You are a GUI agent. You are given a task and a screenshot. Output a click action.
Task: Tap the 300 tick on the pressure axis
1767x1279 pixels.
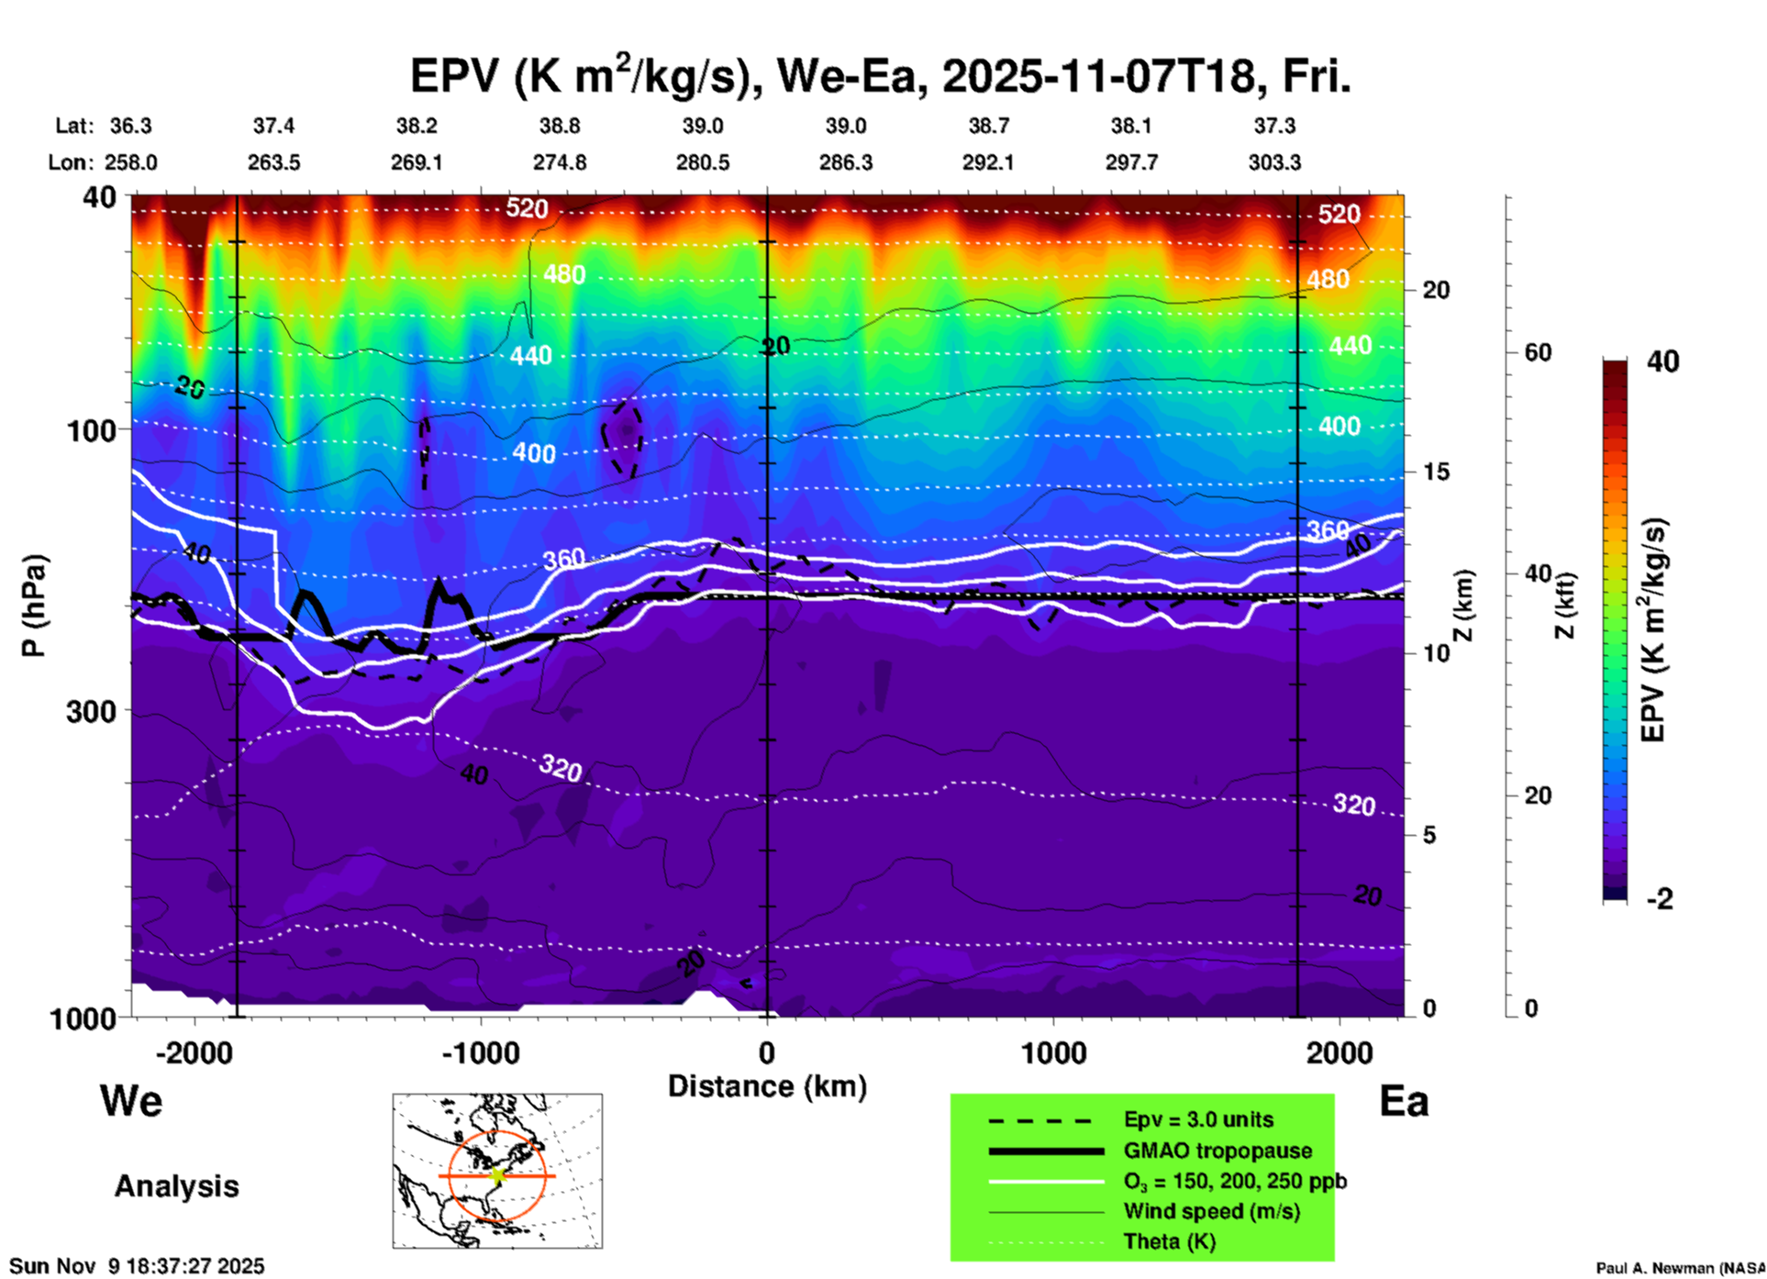tap(92, 710)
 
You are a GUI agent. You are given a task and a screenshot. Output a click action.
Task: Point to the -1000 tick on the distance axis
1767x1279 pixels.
tap(480, 1053)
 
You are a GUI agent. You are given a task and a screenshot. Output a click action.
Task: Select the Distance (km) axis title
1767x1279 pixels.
tap(767, 1086)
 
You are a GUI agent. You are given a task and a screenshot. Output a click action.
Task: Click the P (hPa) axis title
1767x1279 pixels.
tap(34, 606)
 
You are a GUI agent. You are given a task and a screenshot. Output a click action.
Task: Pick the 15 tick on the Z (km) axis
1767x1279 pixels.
tap(1436, 472)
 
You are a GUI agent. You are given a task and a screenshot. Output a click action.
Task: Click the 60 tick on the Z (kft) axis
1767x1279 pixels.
tap(1538, 352)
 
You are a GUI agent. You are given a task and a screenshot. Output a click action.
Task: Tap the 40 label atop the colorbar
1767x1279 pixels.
tap(1662, 361)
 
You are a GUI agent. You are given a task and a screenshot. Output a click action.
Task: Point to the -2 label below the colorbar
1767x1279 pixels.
tap(1659, 898)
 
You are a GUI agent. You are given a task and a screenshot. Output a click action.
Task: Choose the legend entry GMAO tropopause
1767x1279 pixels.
tap(1217, 1151)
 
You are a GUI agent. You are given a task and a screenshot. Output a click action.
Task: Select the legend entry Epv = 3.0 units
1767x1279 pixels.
tap(1198, 1119)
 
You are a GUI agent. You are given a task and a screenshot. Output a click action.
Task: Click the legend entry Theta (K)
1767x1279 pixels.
tap(1169, 1241)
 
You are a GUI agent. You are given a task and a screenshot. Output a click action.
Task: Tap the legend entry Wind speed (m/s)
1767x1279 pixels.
tap(1211, 1211)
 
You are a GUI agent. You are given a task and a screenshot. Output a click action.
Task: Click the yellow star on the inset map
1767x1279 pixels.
tap(497, 1175)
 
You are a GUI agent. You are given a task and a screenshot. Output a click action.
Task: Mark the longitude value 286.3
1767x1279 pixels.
tap(845, 162)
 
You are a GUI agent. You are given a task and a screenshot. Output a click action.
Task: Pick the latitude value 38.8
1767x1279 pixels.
tap(560, 126)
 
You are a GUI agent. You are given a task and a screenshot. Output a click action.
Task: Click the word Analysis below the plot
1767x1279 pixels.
tap(176, 1185)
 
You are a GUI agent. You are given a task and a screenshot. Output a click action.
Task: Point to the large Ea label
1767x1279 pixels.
tap(1404, 1101)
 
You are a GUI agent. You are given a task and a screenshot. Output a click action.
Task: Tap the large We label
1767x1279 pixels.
tap(131, 1100)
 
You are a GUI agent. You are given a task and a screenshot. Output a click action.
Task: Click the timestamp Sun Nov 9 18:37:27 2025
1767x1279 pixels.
tap(138, 1266)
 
